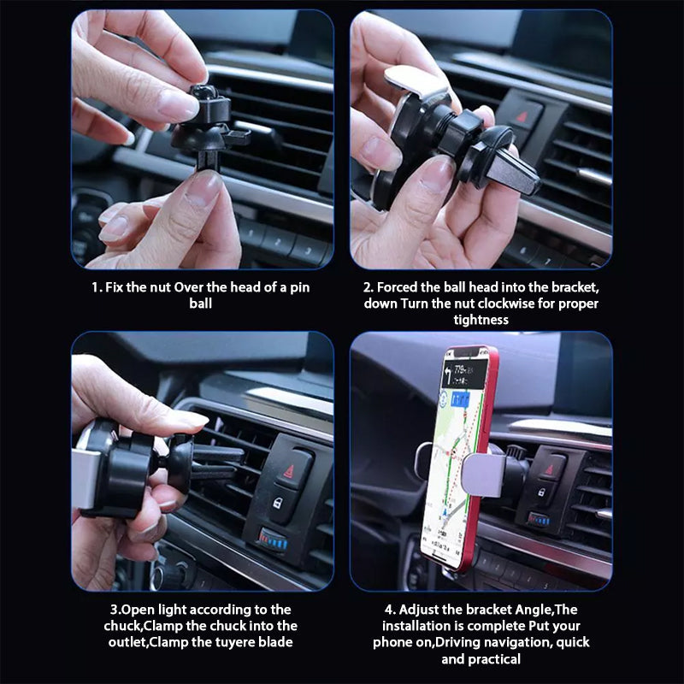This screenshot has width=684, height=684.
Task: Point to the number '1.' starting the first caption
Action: click(97, 287)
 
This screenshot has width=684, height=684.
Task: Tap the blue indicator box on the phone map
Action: click(462, 398)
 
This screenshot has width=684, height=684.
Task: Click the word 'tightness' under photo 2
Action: click(481, 320)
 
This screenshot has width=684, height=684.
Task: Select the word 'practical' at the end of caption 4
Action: click(494, 658)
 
